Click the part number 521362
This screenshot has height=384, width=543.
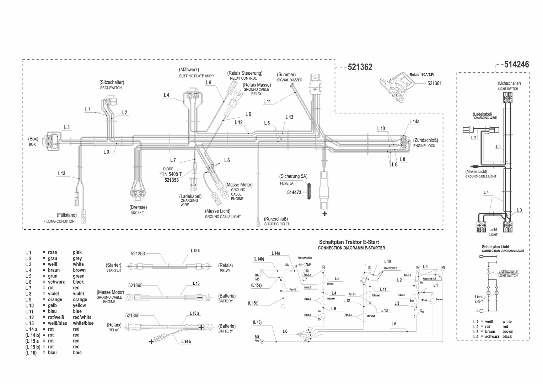tap(360, 67)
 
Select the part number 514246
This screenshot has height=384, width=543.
tap(516, 64)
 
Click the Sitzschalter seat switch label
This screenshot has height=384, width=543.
tap(112, 82)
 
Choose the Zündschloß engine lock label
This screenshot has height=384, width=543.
tap(425, 140)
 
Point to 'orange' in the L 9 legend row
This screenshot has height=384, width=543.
tap(80, 299)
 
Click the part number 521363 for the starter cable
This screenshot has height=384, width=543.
tap(138, 254)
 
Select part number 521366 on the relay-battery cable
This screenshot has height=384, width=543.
tap(132, 315)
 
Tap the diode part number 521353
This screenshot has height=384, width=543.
tap(172, 180)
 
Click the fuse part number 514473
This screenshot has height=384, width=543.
tap(294, 192)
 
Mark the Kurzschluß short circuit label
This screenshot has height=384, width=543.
tap(276, 219)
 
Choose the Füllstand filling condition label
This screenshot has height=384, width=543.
tap(66, 215)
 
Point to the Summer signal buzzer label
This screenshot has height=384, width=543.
tap(286, 75)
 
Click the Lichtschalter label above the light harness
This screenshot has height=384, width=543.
tap(509, 84)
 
